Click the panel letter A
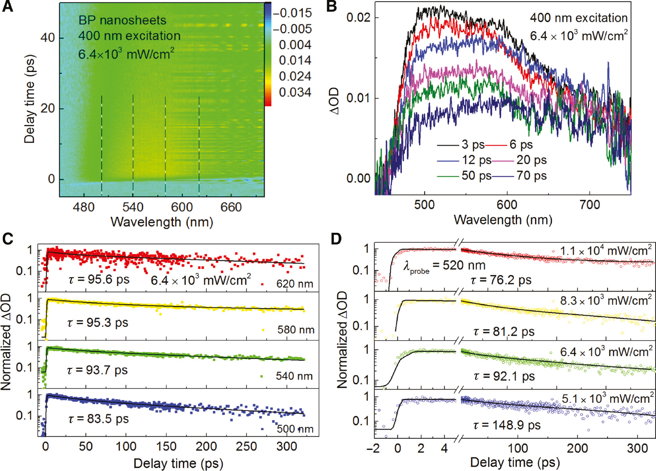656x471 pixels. [7, 7]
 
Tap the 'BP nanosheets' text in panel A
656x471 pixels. [122, 20]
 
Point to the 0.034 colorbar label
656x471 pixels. [295, 92]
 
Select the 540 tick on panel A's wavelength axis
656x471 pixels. [133, 207]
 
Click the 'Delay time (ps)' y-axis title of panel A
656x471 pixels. [30, 99]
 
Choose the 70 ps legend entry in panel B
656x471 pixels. [531, 176]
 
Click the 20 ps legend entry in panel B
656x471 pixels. [531, 160]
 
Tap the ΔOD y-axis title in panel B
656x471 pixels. [334, 101]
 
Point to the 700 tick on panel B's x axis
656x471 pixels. [589, 205]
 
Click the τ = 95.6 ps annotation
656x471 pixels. [99, 279]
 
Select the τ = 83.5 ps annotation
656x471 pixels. [98, 419]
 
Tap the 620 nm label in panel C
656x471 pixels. [294, 284]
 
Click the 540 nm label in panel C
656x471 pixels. [294, 376]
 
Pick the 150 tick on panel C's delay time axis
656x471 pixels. [166, 446]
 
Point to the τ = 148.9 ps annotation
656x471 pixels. [507, 425]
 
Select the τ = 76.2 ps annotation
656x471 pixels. [501, 280]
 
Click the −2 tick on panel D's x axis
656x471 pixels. [373, 448]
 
